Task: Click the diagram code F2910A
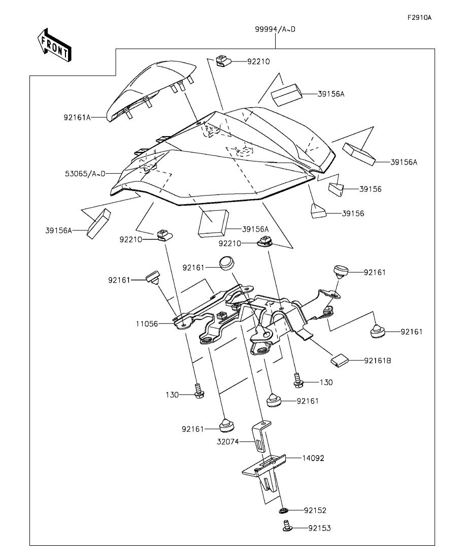pyautogui.click(x=419, y=17)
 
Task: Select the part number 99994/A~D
pyautogui.click(x=275, y=29)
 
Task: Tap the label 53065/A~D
pyautogui.click(x=85, y=174)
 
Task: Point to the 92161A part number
pyautogui.click(x=77, y=117)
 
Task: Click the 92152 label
pyautogui.click(x=315, y=510)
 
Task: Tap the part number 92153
pyautogui.click(x=319, y=529)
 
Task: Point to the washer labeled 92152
pyautogui.click(x=284, y=510)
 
